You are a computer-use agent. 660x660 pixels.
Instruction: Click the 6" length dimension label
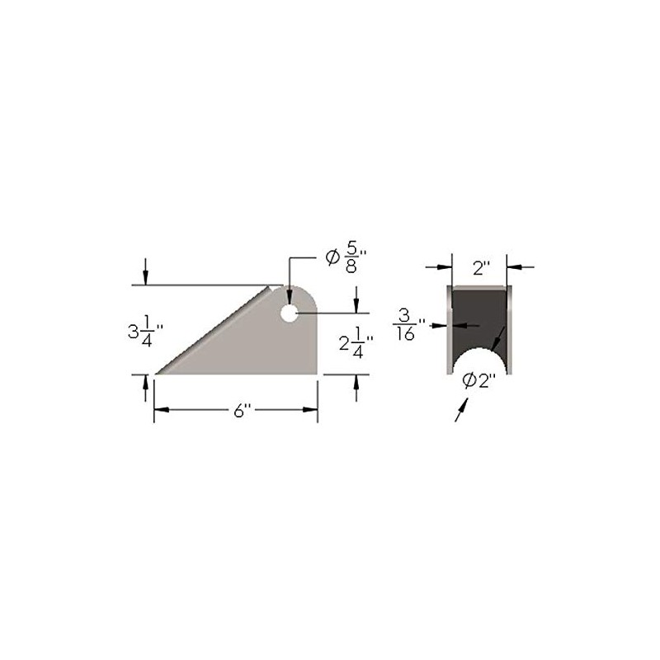(x=241, y=411)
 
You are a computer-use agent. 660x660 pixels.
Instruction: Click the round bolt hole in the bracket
(x=289, y=313)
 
